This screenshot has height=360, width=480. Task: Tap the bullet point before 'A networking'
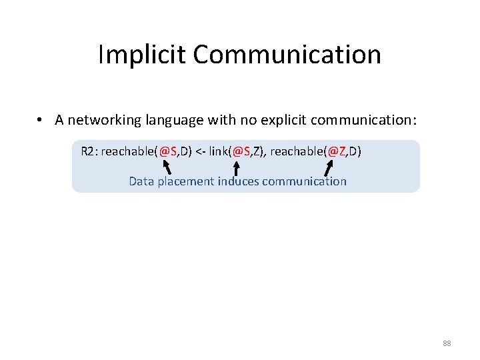41,120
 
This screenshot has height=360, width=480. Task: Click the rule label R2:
89,151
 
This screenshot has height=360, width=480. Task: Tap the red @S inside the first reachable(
169,151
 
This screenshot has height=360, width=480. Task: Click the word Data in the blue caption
141,181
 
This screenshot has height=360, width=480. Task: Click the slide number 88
447,343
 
